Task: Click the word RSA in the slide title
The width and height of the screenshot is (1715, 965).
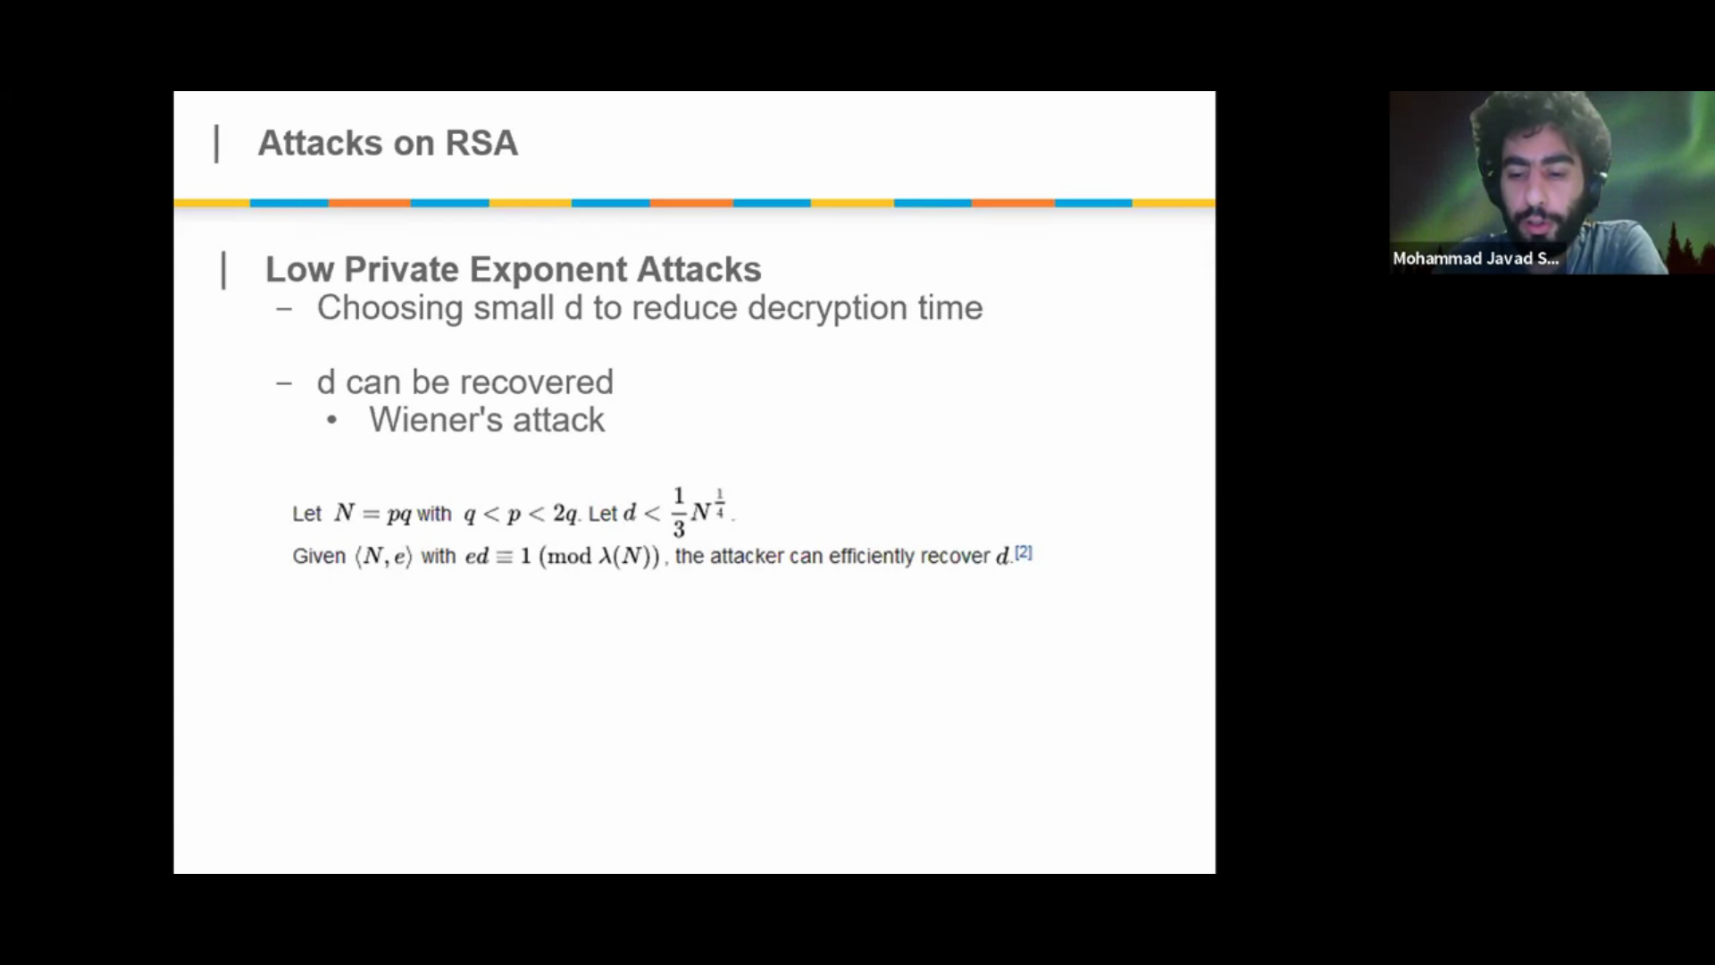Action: [x=481, y=143]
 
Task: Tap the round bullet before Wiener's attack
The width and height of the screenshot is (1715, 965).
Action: [x=332, y=421]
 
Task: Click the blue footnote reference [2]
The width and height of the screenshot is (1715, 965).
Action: [x=1024, y=553]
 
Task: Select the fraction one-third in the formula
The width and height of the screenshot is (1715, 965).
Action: [x=679, y=512]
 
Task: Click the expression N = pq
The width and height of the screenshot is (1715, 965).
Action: [x=372, y=514]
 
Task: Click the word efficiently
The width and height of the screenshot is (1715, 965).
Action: [x=872, y=556]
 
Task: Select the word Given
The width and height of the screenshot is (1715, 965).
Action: [x=319, y=556]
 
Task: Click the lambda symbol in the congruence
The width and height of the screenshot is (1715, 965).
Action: [x=605, y=556]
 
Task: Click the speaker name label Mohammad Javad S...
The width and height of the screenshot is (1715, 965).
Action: [x=1476, y=258]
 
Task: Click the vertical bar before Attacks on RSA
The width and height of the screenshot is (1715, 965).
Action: [x=216, y=144]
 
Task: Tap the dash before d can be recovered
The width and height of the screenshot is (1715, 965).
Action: [x=284, y=383]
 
